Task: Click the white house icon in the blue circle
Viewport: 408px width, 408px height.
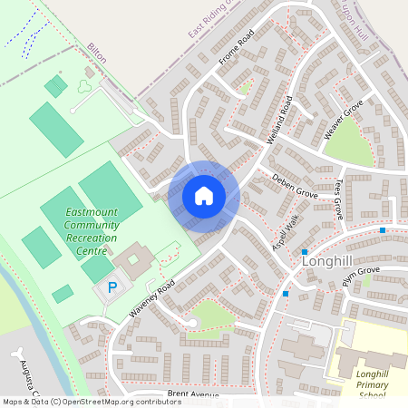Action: (x=204, y=196)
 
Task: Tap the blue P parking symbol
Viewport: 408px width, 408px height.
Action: (x=112, y=287)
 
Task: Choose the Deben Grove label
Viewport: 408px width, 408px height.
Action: (x=294, y=189)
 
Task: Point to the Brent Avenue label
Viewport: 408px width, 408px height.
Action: (x=193, y=395)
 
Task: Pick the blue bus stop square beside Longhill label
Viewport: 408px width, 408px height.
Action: (x=306, y=252)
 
